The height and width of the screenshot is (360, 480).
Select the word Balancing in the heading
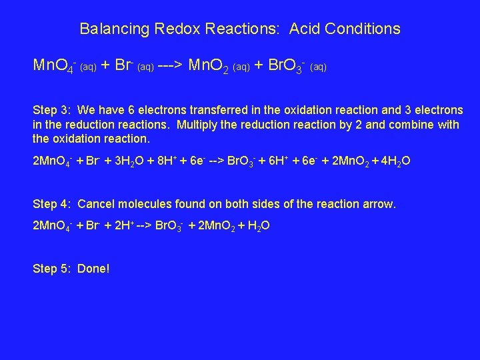coord(115,29)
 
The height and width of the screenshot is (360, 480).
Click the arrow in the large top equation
coord(171,65)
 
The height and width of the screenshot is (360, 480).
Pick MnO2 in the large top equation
coord(210,65)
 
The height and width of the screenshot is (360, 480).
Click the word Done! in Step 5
coord(93,269)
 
